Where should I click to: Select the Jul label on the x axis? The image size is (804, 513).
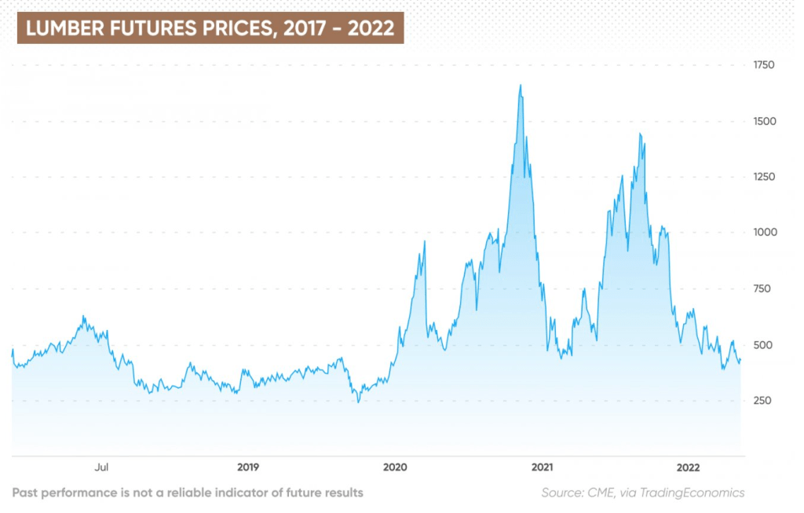[101, 467]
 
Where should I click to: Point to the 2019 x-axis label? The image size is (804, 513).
[248, 467]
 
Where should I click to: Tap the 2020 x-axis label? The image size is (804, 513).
[395, 467]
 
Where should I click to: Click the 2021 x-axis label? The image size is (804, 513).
[542, 467]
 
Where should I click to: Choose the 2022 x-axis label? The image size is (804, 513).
[689, 467]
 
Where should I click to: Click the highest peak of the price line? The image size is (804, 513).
[521, 86]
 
